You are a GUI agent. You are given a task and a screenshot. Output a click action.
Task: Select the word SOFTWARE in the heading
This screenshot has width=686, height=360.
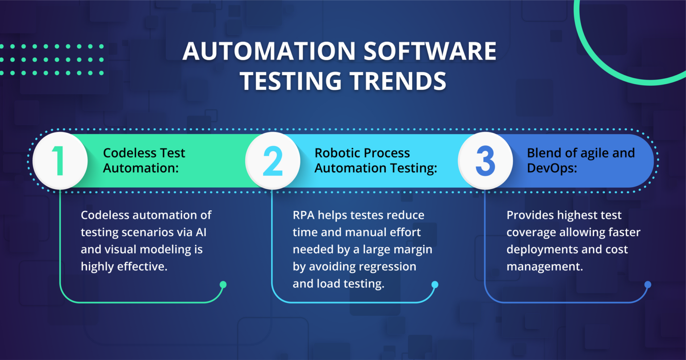click(429, 52)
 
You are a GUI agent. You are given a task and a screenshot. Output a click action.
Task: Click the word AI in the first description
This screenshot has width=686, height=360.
click(201, 232)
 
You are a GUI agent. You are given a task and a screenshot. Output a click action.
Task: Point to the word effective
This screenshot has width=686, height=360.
click(142, 267)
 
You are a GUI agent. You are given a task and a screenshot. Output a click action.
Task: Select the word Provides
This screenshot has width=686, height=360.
click(530, 215)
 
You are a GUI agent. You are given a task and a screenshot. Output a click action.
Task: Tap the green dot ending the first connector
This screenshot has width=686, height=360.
click(223, 285)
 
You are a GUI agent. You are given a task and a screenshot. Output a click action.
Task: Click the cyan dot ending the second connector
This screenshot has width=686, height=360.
click(435, 285)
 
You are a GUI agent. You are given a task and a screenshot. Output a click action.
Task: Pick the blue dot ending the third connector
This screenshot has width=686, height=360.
click(648, 285)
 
